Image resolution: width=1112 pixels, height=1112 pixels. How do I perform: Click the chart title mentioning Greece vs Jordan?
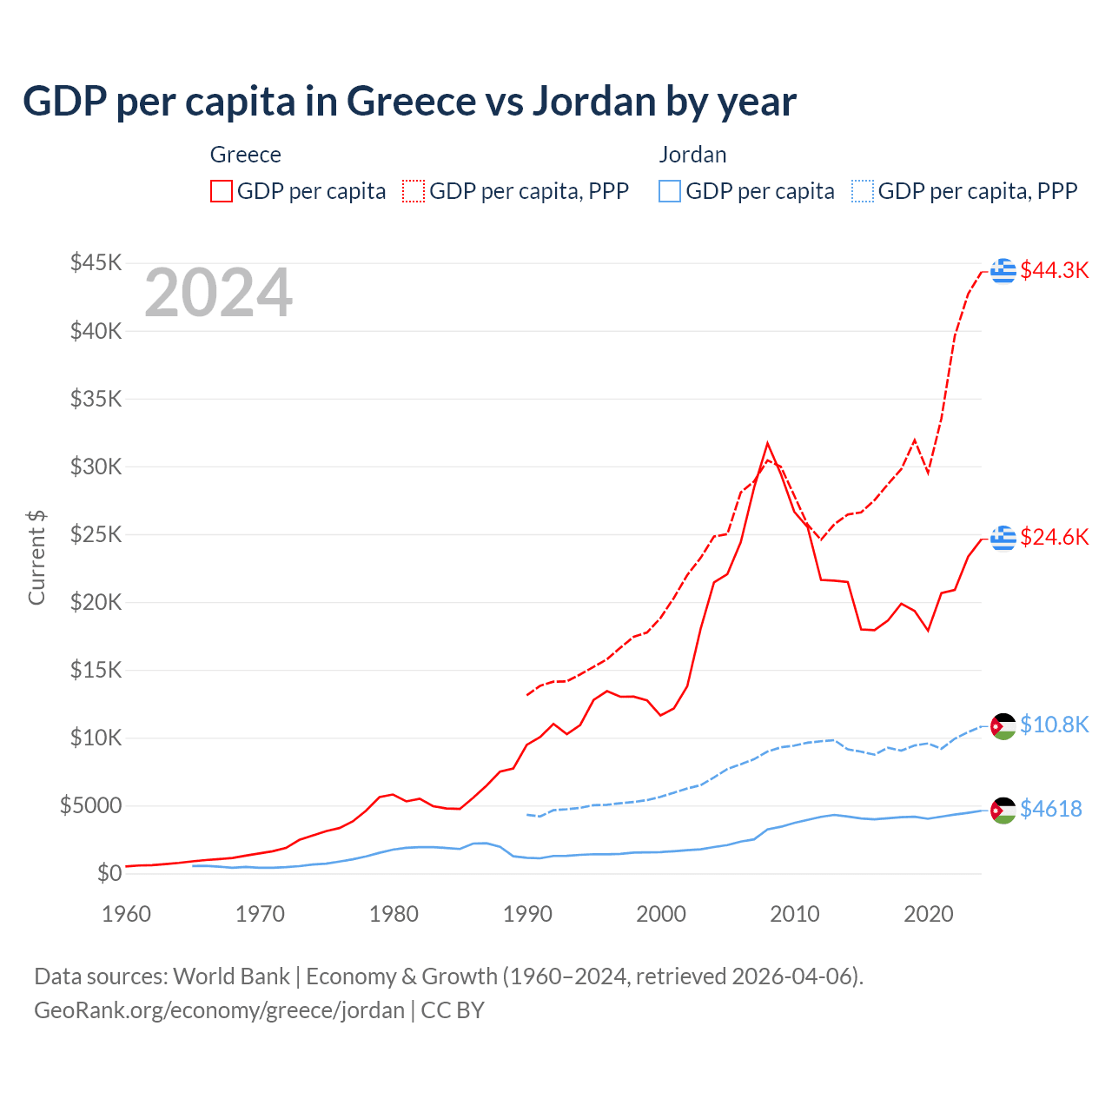pos(409,102)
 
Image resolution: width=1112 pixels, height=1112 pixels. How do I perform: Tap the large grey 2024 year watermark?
pos(218,294)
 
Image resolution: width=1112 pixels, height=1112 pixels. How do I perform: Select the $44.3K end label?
pos(1054,270)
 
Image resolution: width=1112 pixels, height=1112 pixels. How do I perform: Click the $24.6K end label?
pos(1054,537)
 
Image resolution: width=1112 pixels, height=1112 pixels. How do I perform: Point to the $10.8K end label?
pos(1054,725)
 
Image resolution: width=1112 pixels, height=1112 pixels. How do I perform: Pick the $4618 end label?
pos(1050,809)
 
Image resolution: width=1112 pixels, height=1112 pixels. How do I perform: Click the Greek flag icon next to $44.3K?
pos(1003,271)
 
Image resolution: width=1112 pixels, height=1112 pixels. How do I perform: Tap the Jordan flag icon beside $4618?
pos(1003,810)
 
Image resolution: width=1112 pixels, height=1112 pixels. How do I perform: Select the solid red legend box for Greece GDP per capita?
pos(222,191)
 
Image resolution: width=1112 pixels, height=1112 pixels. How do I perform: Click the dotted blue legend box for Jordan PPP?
pos(863,191)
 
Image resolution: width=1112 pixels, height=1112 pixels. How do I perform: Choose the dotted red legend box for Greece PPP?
pos(414,191)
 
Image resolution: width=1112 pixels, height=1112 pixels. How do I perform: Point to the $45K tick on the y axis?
pos(96,262)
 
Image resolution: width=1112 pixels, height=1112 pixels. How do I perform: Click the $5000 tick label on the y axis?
pos(90,805)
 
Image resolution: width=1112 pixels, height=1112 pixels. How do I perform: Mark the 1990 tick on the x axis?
pos(527,914)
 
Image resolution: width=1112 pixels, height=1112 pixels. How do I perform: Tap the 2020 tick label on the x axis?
pos(929,914)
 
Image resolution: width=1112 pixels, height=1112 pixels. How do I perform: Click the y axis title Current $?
pos(36,558)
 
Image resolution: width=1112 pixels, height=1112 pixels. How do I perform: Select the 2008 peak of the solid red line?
pos(767,444)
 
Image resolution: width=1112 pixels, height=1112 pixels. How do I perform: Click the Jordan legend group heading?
pos(692,155)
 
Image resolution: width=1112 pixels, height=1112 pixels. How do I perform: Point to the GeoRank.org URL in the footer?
pos(219,1010)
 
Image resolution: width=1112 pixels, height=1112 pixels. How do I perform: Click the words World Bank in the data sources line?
pos(231,976)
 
